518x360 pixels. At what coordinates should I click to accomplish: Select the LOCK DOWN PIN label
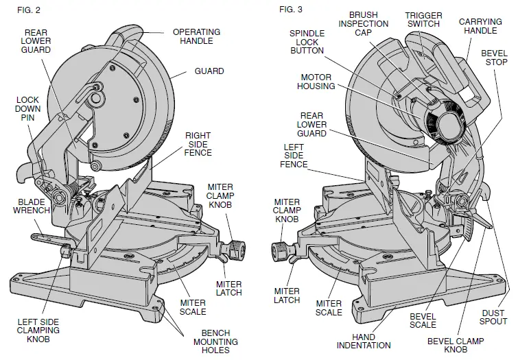pyautogui.click(x=27, y=109)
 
